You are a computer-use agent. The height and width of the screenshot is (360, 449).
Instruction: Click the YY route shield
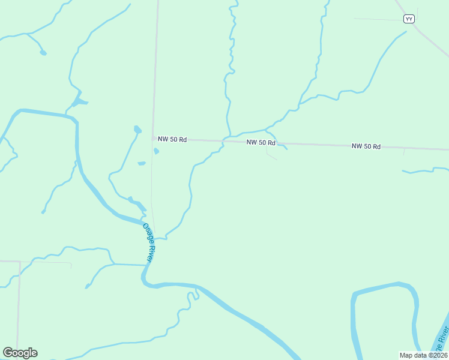point(409,19)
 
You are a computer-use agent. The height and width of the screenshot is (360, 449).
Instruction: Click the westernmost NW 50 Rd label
point(172,139)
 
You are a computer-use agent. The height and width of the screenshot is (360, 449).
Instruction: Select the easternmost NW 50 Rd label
point(366,146)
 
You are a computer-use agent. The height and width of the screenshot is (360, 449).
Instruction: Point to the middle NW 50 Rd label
point(261,142)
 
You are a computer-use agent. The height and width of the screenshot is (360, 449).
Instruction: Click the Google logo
point(20,353)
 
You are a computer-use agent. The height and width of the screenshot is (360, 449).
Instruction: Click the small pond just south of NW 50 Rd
point(156,151)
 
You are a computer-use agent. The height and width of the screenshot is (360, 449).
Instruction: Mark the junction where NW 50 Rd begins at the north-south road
point(152,139)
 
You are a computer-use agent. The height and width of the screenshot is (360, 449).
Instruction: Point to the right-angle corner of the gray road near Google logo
point(20,262)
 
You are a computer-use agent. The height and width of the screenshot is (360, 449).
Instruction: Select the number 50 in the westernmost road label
point(174,139)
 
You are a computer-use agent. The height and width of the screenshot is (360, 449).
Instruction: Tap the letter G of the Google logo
point(8,353)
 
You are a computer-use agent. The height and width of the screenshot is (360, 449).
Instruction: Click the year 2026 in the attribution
point(438,355)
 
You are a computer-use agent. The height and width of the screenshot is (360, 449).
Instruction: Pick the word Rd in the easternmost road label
point(376,146)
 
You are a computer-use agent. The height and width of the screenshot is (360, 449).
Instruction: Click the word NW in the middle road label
point(252,142)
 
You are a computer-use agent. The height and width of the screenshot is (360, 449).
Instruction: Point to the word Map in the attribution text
point(406,355)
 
